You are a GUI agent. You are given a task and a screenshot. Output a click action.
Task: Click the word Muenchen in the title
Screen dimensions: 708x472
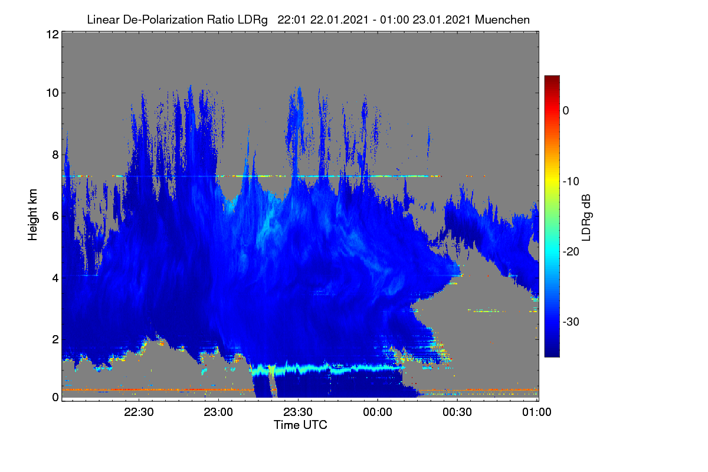click(502, 19)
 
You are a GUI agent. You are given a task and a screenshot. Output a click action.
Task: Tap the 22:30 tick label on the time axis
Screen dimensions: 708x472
click(139, 412)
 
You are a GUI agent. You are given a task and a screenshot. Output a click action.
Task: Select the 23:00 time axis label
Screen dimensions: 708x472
click(218, 412)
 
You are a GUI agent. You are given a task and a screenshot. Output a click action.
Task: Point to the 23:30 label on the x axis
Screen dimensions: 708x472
click(298, 412)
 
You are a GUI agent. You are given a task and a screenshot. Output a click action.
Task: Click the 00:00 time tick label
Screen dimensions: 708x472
click(378, 412)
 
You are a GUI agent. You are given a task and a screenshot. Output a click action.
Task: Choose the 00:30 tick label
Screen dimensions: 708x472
click(457, 412)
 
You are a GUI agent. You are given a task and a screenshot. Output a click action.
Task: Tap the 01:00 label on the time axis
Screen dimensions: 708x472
click(537, 412)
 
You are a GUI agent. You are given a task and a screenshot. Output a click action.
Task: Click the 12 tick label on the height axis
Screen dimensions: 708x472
click(53, 34)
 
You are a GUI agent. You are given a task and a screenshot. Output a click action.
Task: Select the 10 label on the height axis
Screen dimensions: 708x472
click(53, 93)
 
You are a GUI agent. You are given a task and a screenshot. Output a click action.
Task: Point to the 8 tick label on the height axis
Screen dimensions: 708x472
click(55, 155)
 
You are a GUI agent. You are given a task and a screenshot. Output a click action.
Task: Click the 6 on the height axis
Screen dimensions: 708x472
click(55, 217)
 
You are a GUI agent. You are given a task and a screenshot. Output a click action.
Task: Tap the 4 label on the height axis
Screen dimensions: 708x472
click(55, 278)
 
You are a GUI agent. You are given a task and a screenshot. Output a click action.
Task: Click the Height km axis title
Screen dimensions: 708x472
click(32, 215)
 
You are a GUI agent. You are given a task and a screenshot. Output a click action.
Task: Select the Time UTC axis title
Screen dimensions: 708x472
click(300, 425)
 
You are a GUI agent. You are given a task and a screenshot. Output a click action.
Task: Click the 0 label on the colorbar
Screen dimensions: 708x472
click(566, 111)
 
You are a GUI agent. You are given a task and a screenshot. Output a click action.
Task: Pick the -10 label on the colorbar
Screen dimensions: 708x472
click(571, 182)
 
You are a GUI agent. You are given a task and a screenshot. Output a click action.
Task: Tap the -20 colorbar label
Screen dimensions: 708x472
click(571, 252)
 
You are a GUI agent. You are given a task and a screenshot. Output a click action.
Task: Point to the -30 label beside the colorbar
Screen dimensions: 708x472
click(571, 322)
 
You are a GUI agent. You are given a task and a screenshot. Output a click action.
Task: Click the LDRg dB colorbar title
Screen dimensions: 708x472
click(586, 218)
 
